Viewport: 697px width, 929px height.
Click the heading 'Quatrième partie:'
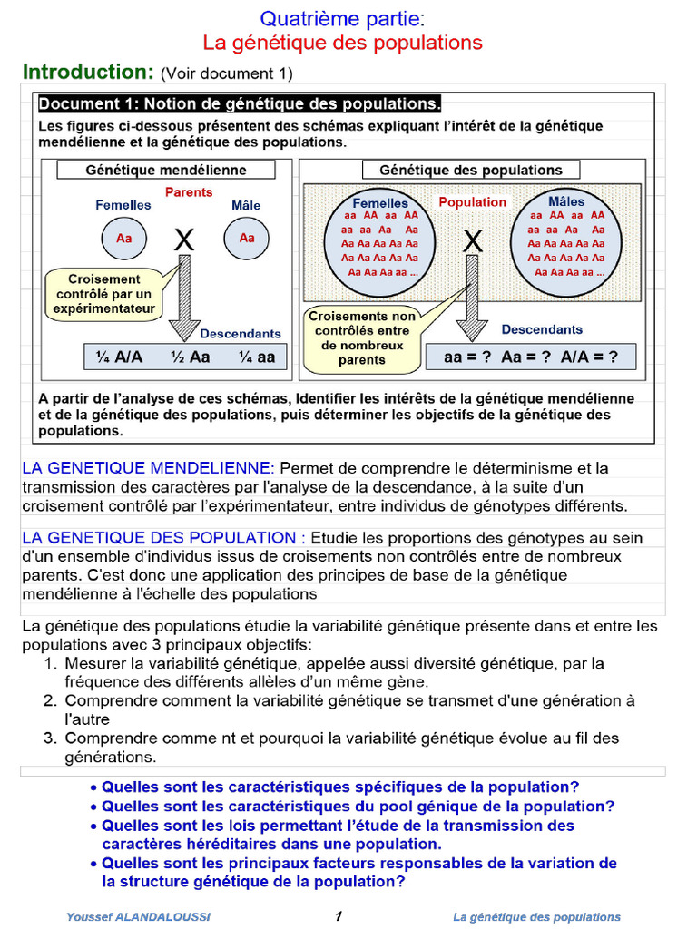click(x=342, y=18)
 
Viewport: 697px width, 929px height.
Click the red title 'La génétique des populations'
click(x=342, y=43)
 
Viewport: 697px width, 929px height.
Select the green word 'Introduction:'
click(x=87, y=72)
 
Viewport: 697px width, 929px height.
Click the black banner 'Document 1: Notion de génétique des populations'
click(x=240, y=103)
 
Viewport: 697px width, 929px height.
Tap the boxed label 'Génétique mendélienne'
click(x=166, y=170)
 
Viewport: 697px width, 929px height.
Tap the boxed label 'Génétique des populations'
click(x=470, y=170)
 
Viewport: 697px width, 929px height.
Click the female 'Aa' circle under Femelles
click(x=123, y=239)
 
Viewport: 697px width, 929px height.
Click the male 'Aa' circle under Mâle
click(x=247, y=239)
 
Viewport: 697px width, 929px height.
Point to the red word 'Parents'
click(x=189, y=192)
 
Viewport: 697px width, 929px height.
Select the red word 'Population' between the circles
click(x=472, y=202)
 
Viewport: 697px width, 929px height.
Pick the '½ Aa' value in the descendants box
click(x=191, y=357)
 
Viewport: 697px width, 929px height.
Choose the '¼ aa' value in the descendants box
click(x=257, y=357)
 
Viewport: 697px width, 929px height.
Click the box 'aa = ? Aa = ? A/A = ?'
click(x=530, y=357)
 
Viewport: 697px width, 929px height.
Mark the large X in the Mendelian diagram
click(x=184, y=240)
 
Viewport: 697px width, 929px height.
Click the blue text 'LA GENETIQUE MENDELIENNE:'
click(x=148, y=468)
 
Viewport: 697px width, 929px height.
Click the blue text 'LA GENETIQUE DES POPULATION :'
click(x=163, y=537)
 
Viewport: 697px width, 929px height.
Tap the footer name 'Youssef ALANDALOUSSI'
click(x=138, y=916)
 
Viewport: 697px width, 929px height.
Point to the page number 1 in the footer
click(x=338, y=916)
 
